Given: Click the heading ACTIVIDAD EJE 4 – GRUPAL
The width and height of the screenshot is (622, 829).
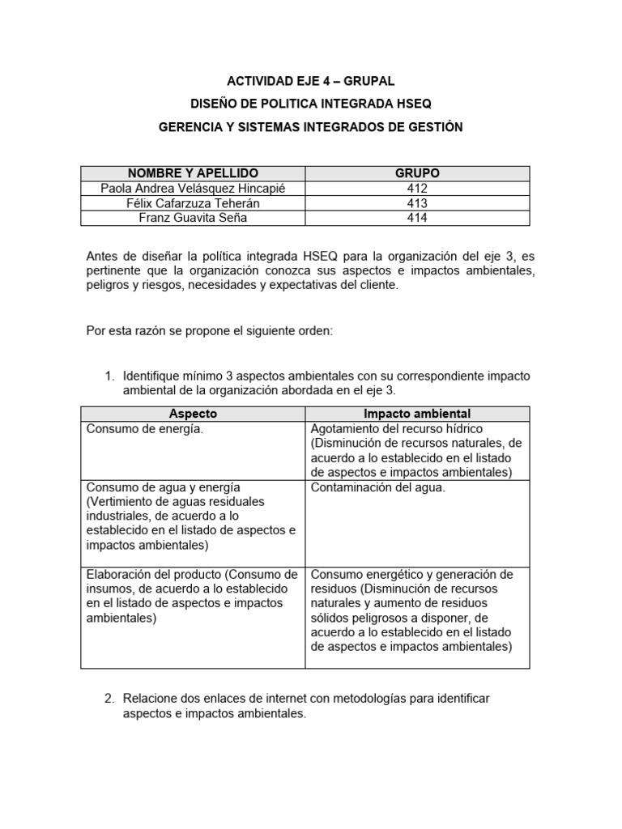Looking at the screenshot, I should click(x=311, y=81).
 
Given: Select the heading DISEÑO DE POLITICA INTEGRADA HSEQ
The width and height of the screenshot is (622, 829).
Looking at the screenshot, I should click(x=311, y=104).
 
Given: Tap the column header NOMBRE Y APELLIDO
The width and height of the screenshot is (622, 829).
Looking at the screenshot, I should click(x=193, y=173).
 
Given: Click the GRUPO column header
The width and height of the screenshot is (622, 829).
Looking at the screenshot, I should click(x=417, y=173).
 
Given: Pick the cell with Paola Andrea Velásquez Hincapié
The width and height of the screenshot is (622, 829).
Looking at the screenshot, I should click(x=193, y=188).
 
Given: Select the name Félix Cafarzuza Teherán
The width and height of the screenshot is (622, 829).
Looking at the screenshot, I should click(x=193, y=202).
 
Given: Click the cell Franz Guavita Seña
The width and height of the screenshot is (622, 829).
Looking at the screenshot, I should click(x=193, y=218).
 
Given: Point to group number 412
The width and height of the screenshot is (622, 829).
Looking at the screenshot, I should click(x=417, y=188).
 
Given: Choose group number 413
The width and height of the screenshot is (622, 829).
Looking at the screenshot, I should click(x=417, y=202).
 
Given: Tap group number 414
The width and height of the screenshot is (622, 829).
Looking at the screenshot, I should click(x=417, y=218).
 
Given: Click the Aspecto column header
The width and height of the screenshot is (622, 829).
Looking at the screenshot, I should click(x=193, y=414).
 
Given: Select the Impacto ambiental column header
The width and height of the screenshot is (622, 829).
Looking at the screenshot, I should click(x=417, y=414).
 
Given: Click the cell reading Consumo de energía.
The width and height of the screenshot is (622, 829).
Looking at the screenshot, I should click(x=145, y=429).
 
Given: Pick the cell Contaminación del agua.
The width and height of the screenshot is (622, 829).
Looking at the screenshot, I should click(x=377, y=487).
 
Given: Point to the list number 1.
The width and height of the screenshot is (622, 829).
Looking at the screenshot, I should click(x=110, y=376).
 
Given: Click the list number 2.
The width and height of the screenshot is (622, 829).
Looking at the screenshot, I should click(x=110, y=698).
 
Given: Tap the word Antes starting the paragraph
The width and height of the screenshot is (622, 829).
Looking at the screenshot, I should click(x=103, y=257).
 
